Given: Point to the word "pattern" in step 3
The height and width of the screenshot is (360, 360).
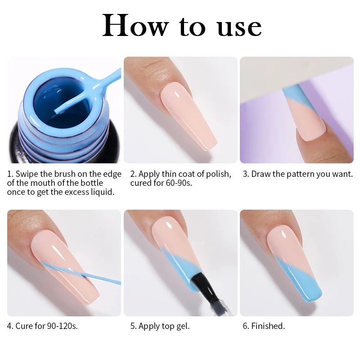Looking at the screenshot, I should click(298, 174).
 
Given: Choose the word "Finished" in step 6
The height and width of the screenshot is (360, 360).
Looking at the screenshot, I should click(268, 326).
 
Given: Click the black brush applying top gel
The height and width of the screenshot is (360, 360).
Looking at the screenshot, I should click(201, 288).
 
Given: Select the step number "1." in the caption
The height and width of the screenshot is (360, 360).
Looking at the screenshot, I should click(10, 174).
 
